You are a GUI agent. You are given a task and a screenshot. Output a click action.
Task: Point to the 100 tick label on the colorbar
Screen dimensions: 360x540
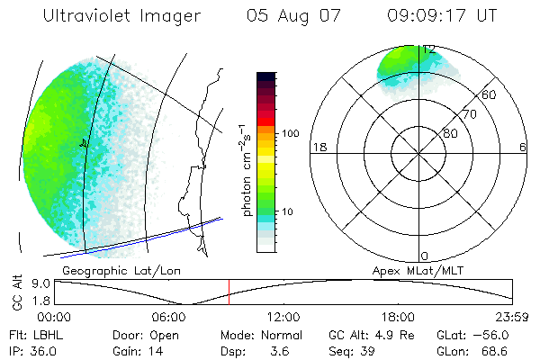pyautogui.click(x=290, y=133)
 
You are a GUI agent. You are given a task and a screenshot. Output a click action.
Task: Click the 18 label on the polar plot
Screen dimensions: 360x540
pyautogui.click(x=318, y=147)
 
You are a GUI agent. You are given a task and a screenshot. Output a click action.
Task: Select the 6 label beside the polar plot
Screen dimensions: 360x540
pyautogui.click(x=523, y=147)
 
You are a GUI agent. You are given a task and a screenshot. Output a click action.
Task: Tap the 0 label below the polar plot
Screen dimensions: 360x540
pyautogui.click(x=426, y=256)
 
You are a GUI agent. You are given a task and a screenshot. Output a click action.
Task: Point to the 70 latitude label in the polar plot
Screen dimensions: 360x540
pyautogui.click(x=469, y=114)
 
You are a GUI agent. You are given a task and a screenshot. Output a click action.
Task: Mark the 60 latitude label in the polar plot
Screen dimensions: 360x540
pyautogui.click(x=489, y=94)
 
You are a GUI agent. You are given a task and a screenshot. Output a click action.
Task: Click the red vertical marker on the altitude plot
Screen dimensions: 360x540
pyautogui.click(x=229, y=292)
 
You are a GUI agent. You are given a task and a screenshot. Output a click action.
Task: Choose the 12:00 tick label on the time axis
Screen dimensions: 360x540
pyautogui.click(x=283, y=317)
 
